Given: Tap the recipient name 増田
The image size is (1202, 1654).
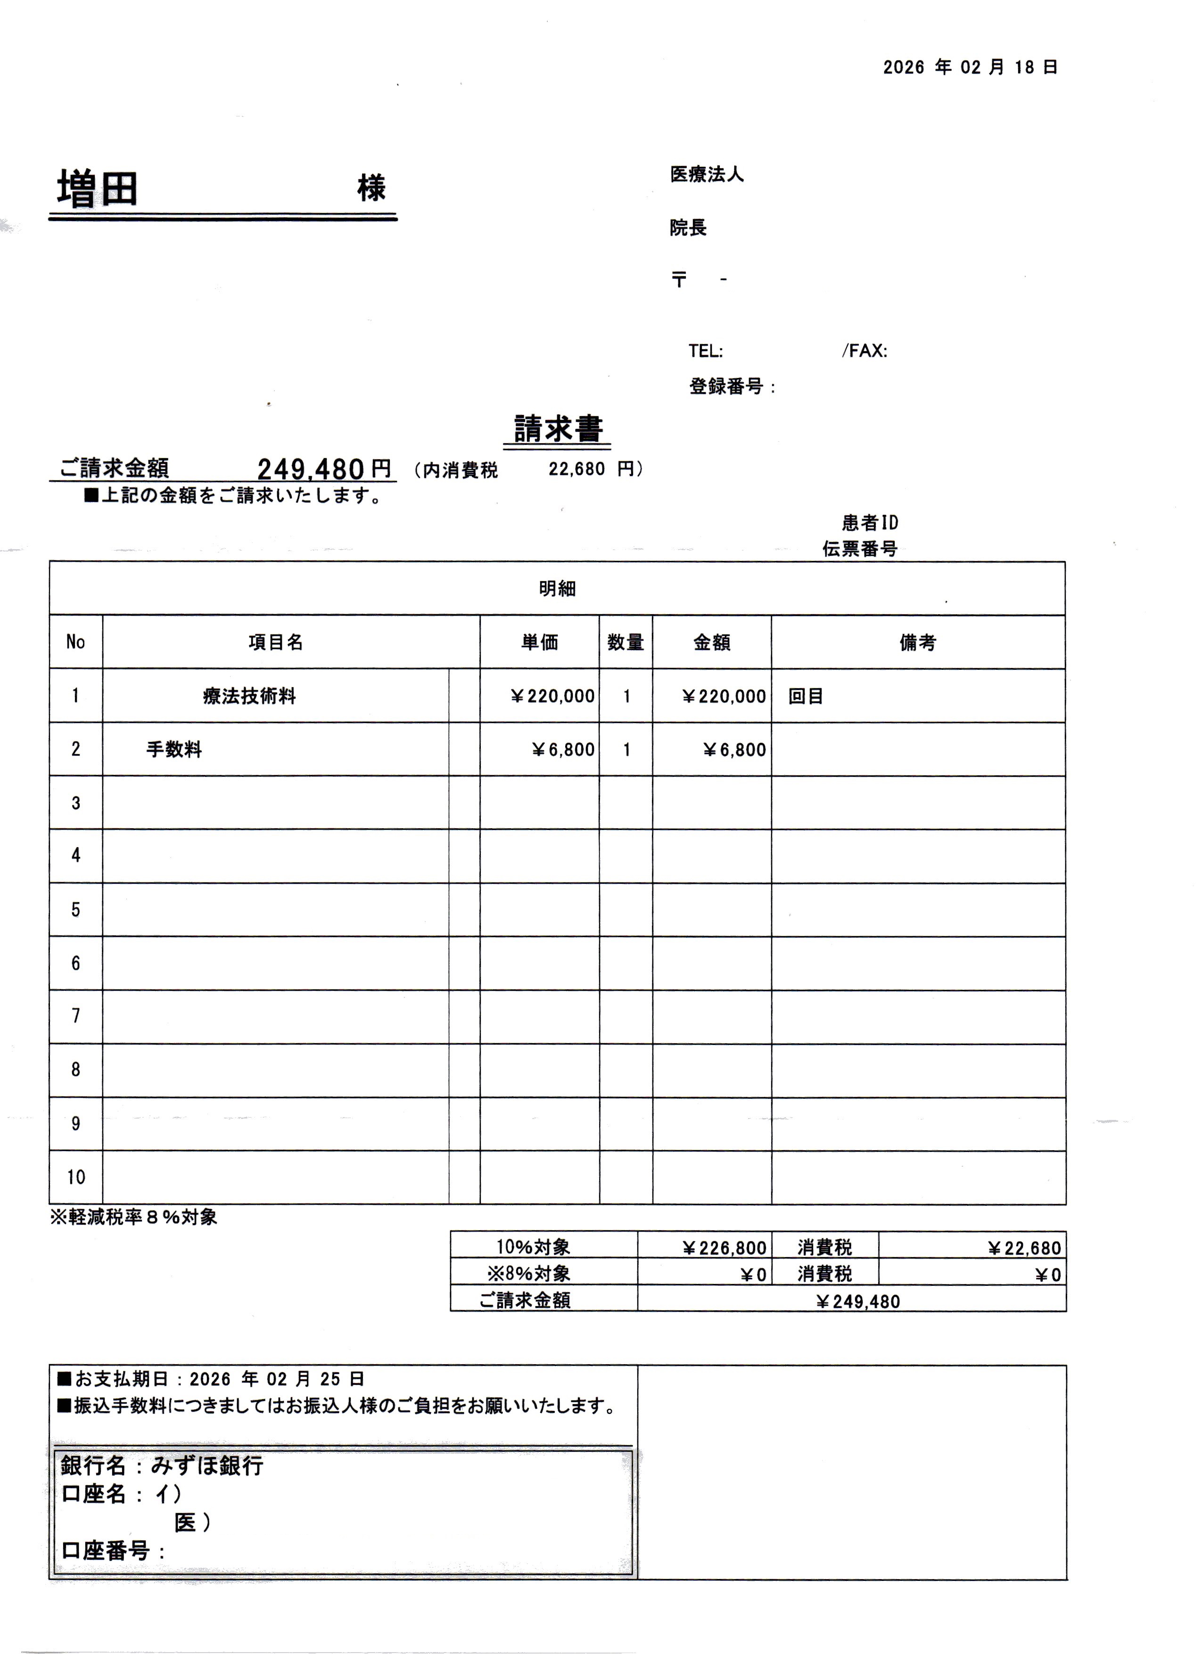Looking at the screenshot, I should [x=97, y=189].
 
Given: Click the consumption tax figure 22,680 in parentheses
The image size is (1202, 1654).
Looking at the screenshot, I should [x=576, y=469].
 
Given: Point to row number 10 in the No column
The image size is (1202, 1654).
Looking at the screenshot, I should [x=76, y=1177].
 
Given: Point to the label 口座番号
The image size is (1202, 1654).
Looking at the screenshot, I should [x=106, y=1550].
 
